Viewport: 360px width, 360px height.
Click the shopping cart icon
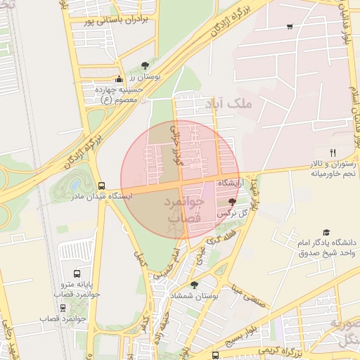pyautogui.click(x=290, y=27)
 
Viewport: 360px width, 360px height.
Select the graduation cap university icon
pyautogui.click(x=326, y=232)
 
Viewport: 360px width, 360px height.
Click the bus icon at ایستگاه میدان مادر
pyautogui.click(x=102, y=186)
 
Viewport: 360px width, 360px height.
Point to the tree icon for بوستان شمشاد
pyautogui.click(x=194, y=285)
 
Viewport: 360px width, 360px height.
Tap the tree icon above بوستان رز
pyautogui.click(x=145, y=65)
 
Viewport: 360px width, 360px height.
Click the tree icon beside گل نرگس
pyautogui.click(x=233, y=201)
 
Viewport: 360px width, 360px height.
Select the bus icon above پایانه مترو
pyautogui.click(x=77, y=274)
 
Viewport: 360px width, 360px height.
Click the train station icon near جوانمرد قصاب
pyautogui.click(x=63, y=307)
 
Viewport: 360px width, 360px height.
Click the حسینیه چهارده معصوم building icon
pyautogui.click(x=119, y=79)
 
